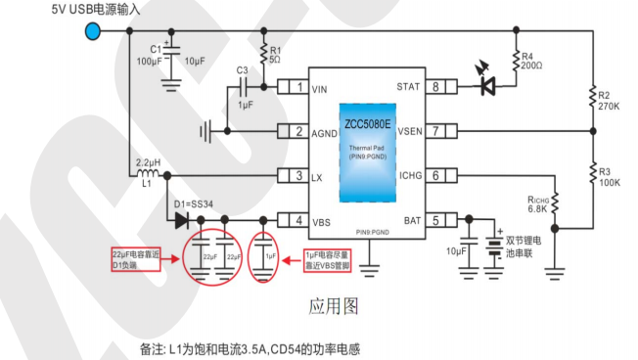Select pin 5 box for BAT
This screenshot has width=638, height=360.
pyautogui.click(x=439, y=220)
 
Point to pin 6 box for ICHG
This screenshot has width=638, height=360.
pyautogui.click(x=439, y=176)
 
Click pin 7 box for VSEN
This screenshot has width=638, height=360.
pyautogui.click(x=439, y=131)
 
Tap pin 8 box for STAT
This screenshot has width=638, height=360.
pyautogui.click(x=439, y=88)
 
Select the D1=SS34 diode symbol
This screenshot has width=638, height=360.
pyautogui.click(x=182, y=220)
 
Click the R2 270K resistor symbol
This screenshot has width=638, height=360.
pyautogui.click(x=591, y=96)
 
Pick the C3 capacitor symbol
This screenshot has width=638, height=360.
pyautogui.click(x=242, y=88)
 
